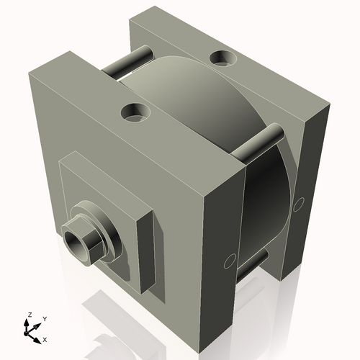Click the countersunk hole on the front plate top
[x=135, y=112]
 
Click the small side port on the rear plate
[x=298, y=204]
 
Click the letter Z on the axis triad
[x=30, y=315]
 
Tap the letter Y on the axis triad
[x=45, y=318]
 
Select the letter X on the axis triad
[x=45, y=338]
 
